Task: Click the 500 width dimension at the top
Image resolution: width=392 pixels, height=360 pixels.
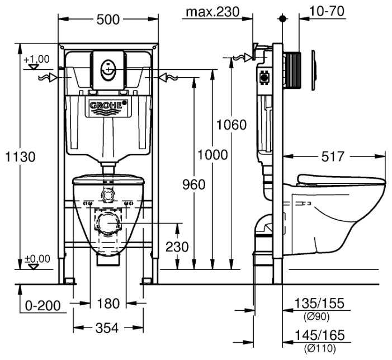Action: click(108, 20)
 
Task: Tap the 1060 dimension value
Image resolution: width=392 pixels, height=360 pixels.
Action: click(231, 125)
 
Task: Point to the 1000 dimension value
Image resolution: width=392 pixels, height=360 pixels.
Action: click(213, 155)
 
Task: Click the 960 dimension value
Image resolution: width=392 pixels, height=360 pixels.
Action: click(193, 184)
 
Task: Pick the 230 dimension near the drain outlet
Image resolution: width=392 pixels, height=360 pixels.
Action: click(177, 247)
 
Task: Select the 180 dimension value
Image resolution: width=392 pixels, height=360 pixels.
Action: click(108, 304)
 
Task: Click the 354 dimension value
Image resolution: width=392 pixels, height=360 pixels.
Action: click(107, 328)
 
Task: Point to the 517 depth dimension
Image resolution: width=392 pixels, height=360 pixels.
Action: click(333, 157)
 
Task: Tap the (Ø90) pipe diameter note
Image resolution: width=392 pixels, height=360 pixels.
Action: click(317, 316)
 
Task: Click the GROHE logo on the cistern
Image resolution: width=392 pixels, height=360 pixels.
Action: click(108, 105)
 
